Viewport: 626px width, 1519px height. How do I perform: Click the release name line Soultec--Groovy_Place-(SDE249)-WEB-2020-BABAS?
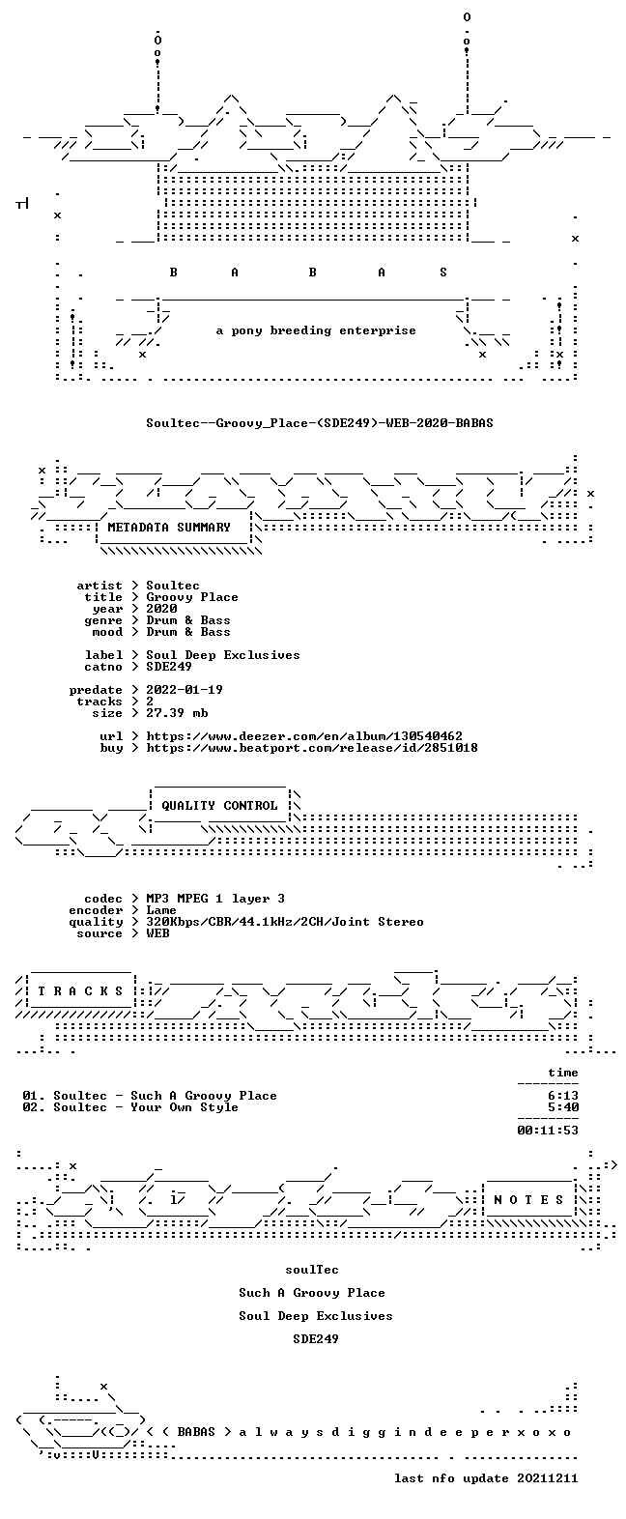(320, 423)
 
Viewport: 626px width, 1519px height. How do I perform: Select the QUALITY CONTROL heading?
(219, 806)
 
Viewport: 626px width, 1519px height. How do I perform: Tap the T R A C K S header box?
(81, 991)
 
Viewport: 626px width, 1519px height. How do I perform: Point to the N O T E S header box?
(529, 1200)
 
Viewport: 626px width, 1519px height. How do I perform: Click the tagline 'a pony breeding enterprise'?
(316, 330)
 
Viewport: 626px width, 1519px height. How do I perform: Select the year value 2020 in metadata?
(161, 609)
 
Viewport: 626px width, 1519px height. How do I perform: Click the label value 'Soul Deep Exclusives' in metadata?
(223, 655)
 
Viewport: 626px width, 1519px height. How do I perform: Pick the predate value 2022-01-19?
(185, 690)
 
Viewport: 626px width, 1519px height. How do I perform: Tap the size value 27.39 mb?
(177, 713)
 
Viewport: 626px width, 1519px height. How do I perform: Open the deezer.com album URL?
(304, 736)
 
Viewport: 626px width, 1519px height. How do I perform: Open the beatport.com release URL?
(312, 748)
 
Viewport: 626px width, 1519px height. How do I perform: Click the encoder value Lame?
(161, 910)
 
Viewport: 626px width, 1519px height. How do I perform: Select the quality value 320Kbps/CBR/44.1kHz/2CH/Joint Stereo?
(285, 922)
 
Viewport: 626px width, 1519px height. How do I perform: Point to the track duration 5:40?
(563, 1107)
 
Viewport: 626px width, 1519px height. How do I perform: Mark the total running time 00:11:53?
(548, 1131)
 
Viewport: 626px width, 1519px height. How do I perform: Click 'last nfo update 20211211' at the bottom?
(486, 1478)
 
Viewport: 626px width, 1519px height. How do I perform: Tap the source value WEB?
(158, 933)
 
